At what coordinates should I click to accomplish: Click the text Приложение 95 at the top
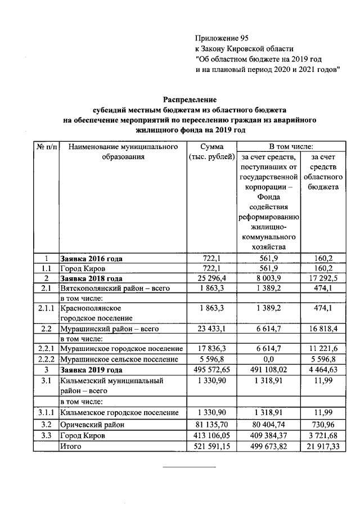pyautogui.click(x=222, y=38)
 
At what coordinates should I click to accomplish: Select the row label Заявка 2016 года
pyautogui.click(x=91, y=259)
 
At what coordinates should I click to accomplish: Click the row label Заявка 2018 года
pyautogui.click(x=91, y=278)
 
